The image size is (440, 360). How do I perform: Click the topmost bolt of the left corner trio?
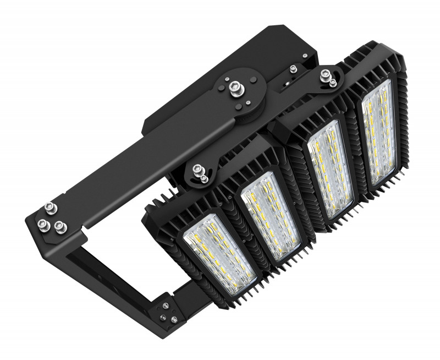coord(50,207)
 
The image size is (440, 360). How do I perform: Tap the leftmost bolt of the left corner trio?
coord(42,223)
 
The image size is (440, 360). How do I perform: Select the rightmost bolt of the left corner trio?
coord(59,226)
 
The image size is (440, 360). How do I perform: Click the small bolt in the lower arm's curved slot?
coord(205,178)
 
